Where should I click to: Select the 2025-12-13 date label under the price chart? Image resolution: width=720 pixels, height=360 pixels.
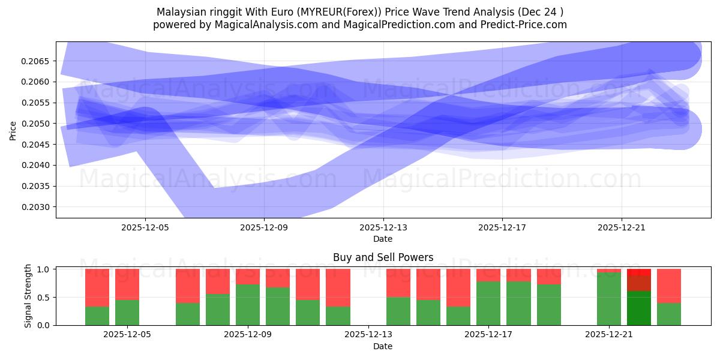point(383,228)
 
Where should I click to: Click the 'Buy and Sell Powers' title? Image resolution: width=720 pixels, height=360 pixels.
point(383,258)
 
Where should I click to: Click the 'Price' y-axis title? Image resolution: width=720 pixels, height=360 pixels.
point(13,130)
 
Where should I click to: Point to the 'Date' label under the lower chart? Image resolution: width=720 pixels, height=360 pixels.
point(383,346)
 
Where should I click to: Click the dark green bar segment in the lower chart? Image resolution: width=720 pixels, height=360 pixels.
point(639,308)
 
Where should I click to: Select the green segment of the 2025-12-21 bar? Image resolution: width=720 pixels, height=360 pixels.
point(609,299)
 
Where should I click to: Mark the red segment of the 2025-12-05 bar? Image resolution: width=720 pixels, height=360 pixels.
point(127,284)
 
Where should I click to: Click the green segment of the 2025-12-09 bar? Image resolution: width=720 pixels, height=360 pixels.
point(248,305)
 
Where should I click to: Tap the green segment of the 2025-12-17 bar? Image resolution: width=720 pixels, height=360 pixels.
point(488,303)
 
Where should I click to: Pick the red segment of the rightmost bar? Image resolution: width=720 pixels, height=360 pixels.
point(669,286)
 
